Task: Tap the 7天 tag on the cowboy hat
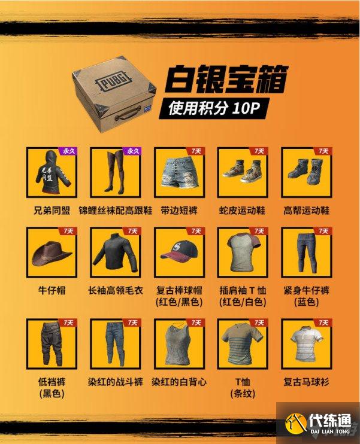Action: click(67, 231)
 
